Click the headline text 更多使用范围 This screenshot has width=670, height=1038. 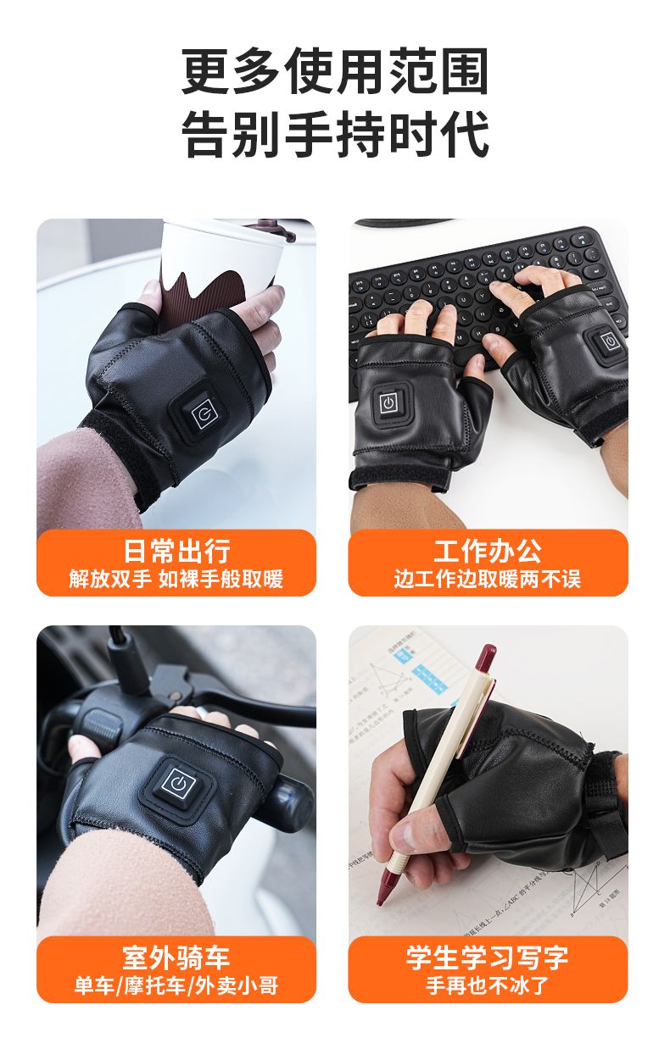click(x=335, y=71)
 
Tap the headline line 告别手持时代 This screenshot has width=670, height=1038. click(x=335, y=134)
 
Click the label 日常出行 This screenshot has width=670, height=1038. click(x=176, y=551)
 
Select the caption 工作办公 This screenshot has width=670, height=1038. click(x=488, y=551)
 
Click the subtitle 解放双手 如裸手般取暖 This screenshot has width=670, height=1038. click(x=176, y=579)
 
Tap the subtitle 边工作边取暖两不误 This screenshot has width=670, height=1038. click(x=488, y=579)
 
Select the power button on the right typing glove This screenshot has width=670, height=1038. click(x=608, y=342)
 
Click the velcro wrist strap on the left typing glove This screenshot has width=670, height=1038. click(x=399, y=477)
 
